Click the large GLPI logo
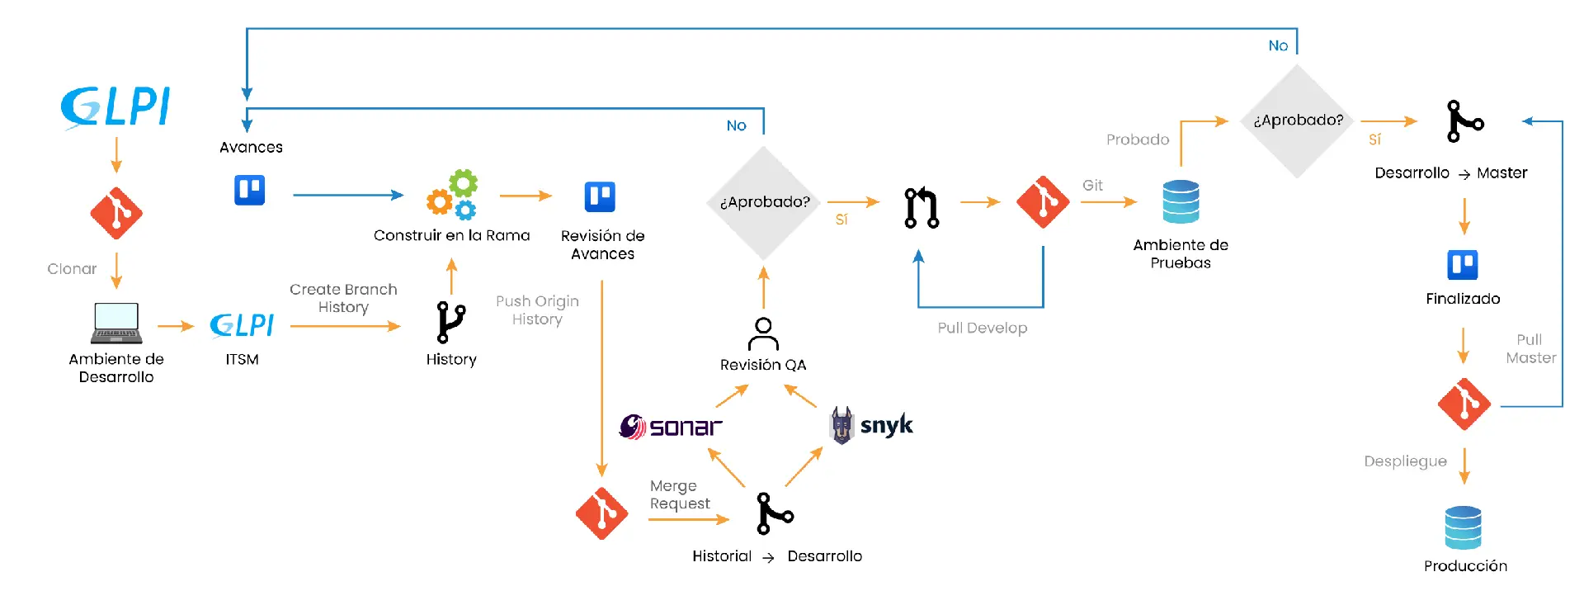[115, 107]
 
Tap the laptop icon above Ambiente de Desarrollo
[116, 323]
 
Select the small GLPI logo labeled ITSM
[242, 325]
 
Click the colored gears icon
[452, 196]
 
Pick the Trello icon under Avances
[249, 191]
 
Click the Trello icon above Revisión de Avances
[600, 197]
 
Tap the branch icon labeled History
[450, 322]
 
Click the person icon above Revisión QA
[763, 333]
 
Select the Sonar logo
[670, 427]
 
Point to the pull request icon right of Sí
[922, 207]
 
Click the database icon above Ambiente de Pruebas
[1181, 201]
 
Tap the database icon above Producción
[1463, 527]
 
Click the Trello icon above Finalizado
[1462, 265]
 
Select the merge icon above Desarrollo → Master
[1464, 121]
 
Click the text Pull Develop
[982, 328]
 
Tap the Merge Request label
[679, 494]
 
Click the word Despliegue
[1405, 461]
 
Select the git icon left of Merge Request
[601, 513]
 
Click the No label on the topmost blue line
[1277, 46]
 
